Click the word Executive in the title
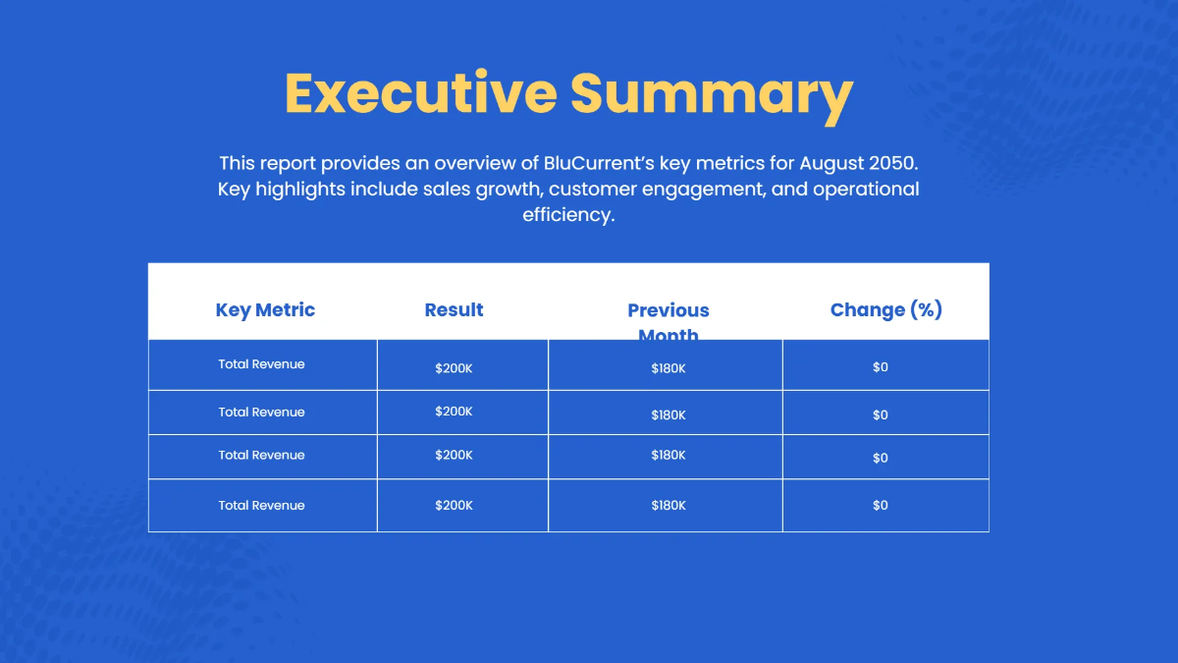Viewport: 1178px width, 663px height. [x=420, y=92]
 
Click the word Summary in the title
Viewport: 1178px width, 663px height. [x=711, y=92]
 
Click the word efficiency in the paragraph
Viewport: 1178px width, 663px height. [x=567, y=214]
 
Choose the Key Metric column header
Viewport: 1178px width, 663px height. [x=265, y=309]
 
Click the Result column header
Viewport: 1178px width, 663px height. [x=454, y=309]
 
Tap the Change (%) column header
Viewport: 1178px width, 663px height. [x=885, y=309]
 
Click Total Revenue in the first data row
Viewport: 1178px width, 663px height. [x=261, y=364]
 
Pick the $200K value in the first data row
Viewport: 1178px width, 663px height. [x=454, y=368]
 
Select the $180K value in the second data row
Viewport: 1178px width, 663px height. [x=668, y=415]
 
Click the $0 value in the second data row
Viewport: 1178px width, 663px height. [x=880, y=415]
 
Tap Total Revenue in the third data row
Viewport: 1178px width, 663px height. [x=261, y=455]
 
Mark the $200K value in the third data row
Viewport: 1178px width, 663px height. [x=454, y=455]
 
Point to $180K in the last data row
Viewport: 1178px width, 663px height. [x=668, y=505]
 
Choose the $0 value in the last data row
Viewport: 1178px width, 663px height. [x=880, y=505]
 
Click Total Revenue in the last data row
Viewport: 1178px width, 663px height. [x=261, y=505]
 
